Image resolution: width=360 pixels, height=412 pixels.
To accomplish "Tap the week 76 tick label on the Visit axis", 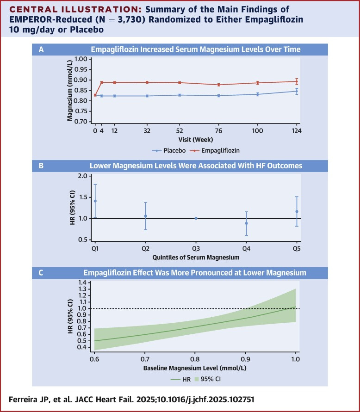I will click(219, 131).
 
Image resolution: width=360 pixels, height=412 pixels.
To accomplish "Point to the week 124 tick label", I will click(296, 131).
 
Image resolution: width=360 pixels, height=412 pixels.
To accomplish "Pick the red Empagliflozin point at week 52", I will click(179, 83).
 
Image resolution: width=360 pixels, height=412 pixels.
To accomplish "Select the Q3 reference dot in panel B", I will click(196, 218).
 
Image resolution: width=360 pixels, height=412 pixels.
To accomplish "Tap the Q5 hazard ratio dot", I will click(297, 212).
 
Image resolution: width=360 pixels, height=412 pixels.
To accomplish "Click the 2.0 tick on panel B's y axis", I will click(83, 176).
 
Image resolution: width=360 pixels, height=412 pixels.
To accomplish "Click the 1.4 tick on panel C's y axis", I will click(83, 282).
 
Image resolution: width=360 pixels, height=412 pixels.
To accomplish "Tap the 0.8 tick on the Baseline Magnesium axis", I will click(195, 358).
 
